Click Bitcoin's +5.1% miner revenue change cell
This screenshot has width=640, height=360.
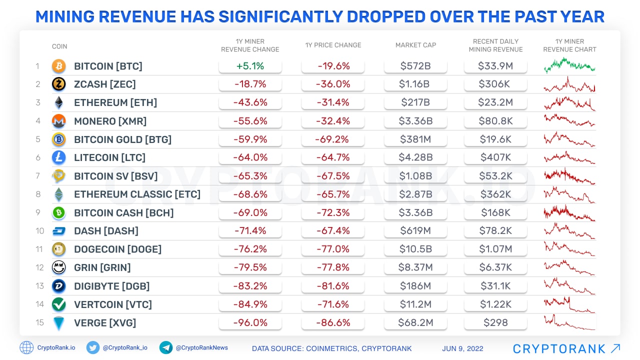(x=250, y=66)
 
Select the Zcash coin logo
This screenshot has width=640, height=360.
(x=58, y=84)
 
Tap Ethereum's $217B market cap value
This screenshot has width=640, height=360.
(x=415, y=102)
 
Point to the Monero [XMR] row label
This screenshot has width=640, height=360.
(x=110, y=121)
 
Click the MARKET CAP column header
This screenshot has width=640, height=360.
(x=415, y=45)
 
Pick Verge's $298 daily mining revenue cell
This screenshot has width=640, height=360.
(x=495, y=322)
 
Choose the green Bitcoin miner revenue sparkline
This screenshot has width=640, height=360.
(x=569, y=65)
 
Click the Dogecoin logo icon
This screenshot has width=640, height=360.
(x=58, y=249)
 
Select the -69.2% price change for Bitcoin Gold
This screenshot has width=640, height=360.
(x=333, y=139)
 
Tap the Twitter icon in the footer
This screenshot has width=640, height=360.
(x=92, y=347)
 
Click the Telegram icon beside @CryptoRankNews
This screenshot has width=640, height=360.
(x=166, y=347)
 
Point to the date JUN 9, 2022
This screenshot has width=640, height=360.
(x=462, y=348)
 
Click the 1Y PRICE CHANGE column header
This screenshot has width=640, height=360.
(x=333, y=45)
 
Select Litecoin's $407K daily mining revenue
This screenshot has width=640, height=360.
(x=495, y=157)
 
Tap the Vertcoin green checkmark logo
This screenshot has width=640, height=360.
(x=58, y=304)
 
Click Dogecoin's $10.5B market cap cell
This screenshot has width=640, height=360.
(x=415, y=249)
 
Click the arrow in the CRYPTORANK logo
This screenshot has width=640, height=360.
(x=615, y=348)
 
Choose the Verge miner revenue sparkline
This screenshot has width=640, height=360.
(x=569, y=322)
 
